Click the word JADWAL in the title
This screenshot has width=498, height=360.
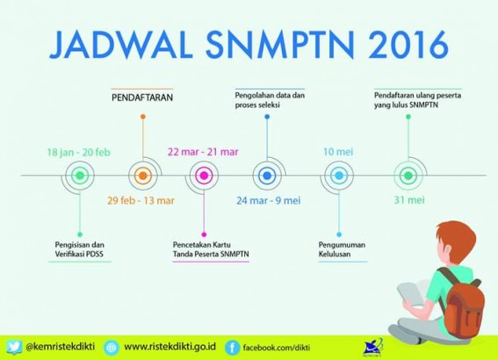click(121, 44)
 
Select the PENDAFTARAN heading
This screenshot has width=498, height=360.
click(142, 97)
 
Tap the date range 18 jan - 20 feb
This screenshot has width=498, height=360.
click(79, 153)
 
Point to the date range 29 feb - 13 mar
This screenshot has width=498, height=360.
click(141, 201)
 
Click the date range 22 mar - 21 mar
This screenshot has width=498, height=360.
click(203, 152)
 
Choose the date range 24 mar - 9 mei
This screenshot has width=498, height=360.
click(269, 201)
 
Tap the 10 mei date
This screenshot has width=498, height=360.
click(338, 152)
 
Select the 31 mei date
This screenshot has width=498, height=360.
click(409, 200)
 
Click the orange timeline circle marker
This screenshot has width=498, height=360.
click(143, 176)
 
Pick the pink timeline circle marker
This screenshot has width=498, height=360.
click(204, 176)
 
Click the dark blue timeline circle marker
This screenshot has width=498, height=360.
click(267, 176)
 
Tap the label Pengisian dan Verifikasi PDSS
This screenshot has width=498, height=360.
click(79, 249)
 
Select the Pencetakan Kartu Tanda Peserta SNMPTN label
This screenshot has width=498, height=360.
click(211, 249)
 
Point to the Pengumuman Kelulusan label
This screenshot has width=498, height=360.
click(342, 249)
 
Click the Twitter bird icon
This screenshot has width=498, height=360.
click(14, 347)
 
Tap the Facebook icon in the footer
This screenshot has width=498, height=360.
click(232, 348)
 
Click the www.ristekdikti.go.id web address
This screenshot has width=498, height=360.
click(170, 346)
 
